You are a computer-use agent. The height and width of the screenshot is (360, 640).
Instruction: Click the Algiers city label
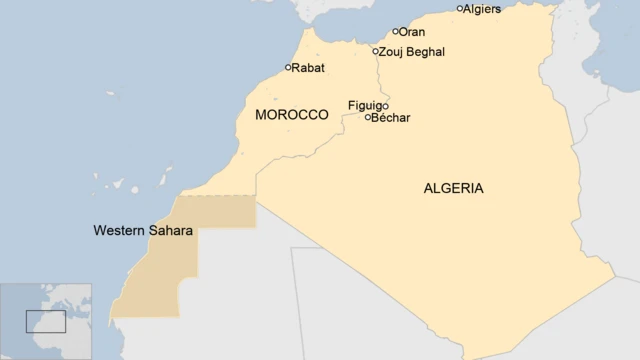tap(484, 9)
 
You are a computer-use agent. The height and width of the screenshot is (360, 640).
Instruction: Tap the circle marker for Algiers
tap(460, 9)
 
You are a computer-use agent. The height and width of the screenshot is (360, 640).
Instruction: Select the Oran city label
tap(411, 32)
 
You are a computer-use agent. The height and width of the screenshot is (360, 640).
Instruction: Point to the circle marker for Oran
tap(395, 32)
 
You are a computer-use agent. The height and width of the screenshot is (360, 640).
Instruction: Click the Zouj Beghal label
tap(413, 51)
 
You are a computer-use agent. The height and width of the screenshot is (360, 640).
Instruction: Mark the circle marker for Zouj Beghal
tap(376, 51)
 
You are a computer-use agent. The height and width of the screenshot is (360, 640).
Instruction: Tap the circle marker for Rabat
tap(289, 68)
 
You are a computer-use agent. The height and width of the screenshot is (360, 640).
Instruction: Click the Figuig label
tap(364, 105)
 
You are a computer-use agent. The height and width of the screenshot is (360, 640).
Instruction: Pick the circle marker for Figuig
tap(385, 106)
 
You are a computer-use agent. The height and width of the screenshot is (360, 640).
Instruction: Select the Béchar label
tap(391, 118)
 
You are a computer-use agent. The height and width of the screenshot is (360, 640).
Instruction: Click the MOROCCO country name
tap(292, 115)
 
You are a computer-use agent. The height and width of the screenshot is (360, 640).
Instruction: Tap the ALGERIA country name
tap(454, 187)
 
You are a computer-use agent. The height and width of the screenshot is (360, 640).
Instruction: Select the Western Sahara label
tap(143, 230)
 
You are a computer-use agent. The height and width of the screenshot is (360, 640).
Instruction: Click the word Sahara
tap(170, 230)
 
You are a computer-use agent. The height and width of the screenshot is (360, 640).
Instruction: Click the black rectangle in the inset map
tap(45, 321)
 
